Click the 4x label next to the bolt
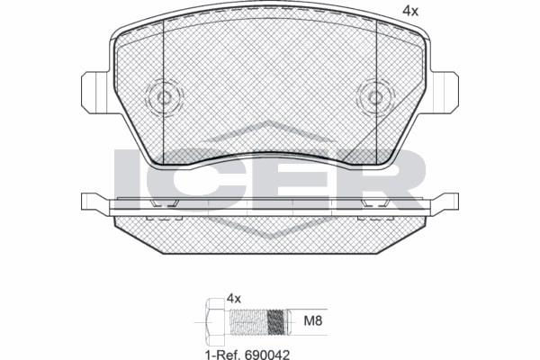click(236, 297)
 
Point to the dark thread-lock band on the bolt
click(277, 319)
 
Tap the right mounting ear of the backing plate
click(443, 87)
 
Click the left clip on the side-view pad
click(164, 206)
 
